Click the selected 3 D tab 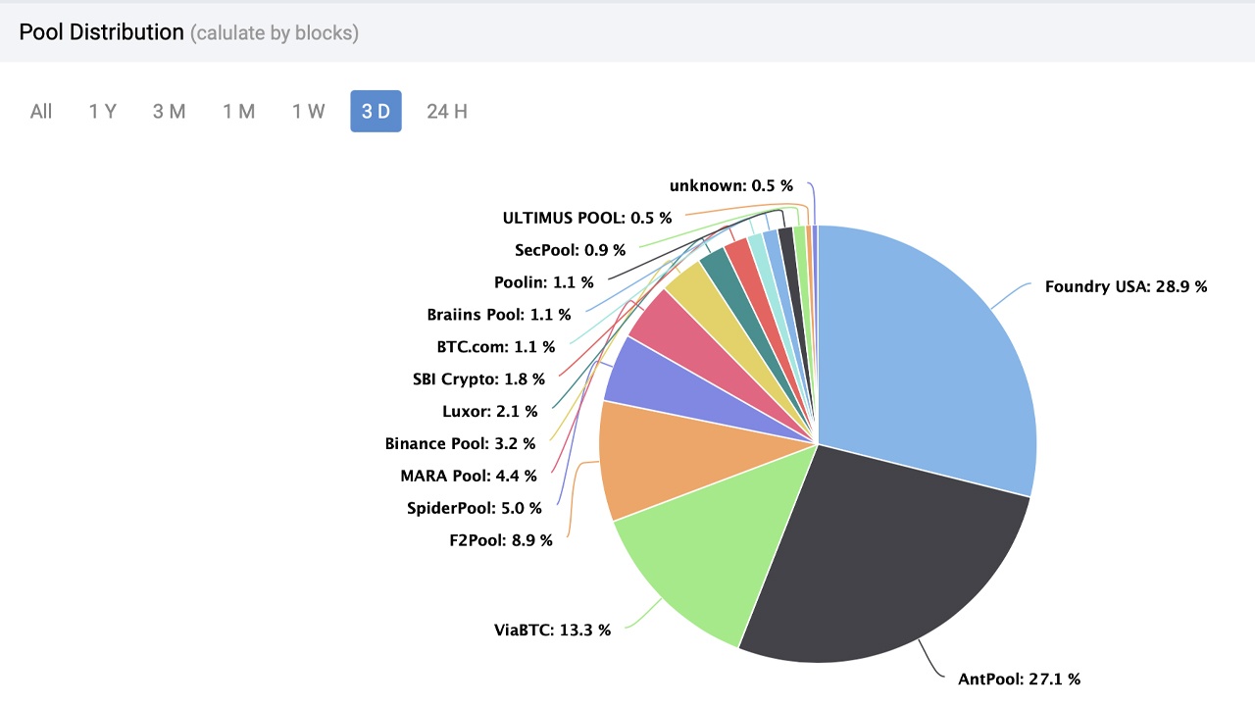376,112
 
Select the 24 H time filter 447,112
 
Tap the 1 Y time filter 102,112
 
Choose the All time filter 41,112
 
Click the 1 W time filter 308,112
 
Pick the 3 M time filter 169,112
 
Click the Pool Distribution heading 101,32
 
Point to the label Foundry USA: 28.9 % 1126,287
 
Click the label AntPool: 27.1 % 1019,679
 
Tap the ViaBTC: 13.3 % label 552,630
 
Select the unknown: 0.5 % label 730,185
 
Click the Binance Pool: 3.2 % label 460,443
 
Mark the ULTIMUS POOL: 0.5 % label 586,218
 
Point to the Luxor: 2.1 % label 489,411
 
